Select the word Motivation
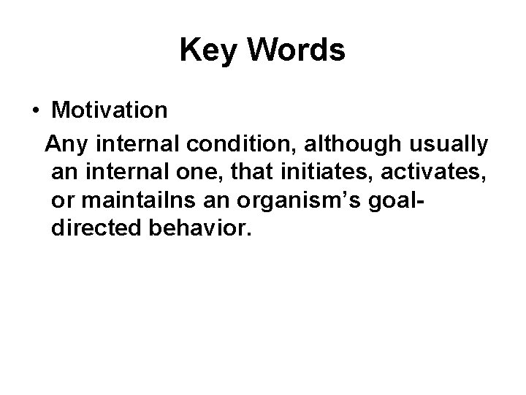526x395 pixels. click(110, 111)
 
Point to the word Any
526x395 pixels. click(65, 145)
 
